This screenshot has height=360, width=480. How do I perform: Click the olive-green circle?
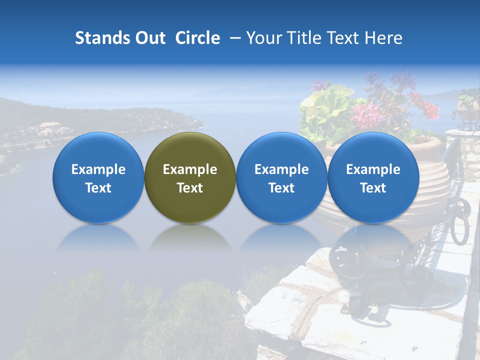pyautogui.click(x=190, y=177)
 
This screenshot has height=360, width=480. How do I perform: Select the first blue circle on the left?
pyautogui.click(x=98, y=177)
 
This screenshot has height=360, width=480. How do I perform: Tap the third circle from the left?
pyautogui.click(x=281, y=177)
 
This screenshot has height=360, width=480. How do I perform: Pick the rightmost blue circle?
pyautogui.click(x=373, y=177)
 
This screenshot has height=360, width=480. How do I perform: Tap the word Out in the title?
pyautogui.click(x=148, y=38)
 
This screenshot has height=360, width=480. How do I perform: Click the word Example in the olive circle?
pyautogui.click(x=190, y=169)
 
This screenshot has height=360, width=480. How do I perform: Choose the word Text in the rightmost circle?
pyautogui.click(x=373, y=188)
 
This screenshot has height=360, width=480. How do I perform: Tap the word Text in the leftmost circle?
pyautogui.click(x=98, y=188)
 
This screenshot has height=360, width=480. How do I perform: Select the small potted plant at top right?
pyautogui.click(x=468, y=105)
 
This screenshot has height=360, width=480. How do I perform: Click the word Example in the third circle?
pyautogui.click(x=281, y=169)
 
